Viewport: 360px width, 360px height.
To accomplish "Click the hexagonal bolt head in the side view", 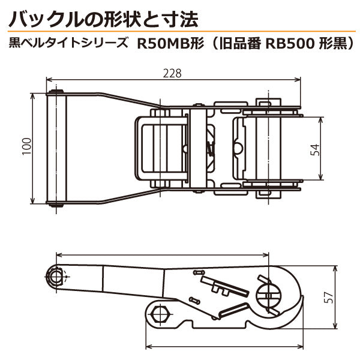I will coord(159,313).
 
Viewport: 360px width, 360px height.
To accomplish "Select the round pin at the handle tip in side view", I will coord(57,275).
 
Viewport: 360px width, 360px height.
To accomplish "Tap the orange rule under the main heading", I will coord(180,31).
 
